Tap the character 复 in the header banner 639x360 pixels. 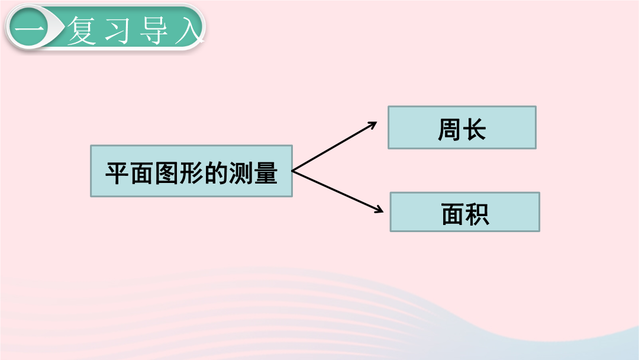click(81, 30)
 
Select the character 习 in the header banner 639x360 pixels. click(117, 30)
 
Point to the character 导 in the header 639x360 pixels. click(153, 30)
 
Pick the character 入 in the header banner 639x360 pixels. click(189, 30)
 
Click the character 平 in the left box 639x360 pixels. click(117, 173)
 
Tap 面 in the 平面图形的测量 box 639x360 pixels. click(142, 173)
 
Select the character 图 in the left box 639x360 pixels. click(167, 173)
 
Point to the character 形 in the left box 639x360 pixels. click(191, 173)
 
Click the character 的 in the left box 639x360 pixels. click(215, 173)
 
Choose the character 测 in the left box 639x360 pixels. click(240, 173)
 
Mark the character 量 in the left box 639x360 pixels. click(265, 173)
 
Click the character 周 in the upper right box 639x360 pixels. click(450, 130)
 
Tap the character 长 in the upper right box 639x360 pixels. click(474, 130)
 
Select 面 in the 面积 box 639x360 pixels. click(453, 214)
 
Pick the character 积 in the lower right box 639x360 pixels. click(477, 214)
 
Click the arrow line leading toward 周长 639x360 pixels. click(334, 146)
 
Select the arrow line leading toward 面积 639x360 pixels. click(338, 191)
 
